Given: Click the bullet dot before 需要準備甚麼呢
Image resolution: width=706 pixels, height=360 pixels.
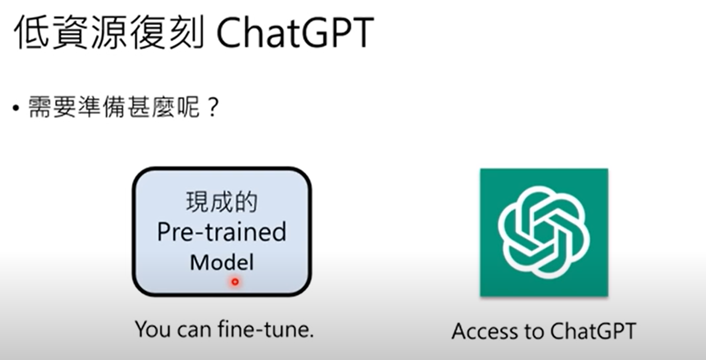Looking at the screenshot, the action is point(16,108).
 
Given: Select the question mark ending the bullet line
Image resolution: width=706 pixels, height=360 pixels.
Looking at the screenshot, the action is point(213,107).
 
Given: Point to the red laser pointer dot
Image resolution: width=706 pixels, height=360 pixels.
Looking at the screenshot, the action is point(235,282).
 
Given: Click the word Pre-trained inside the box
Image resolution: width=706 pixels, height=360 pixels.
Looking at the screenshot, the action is point(222,232).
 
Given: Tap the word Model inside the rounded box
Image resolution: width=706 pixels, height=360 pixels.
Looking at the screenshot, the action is point(222,263).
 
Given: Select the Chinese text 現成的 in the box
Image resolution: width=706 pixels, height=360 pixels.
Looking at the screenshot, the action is point(222,202).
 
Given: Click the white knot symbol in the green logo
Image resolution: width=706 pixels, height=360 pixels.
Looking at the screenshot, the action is point(544,232).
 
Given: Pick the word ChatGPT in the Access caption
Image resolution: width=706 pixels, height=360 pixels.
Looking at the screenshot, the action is point(593,331).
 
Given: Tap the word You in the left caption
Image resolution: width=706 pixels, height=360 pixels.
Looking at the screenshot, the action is point(153,330).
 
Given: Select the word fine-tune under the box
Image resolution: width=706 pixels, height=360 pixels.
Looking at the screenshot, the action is point(266,329).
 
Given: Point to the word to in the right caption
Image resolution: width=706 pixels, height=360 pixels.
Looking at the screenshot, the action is point(534,332).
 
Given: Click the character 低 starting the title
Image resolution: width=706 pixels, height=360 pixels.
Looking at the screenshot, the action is point(32,32).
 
